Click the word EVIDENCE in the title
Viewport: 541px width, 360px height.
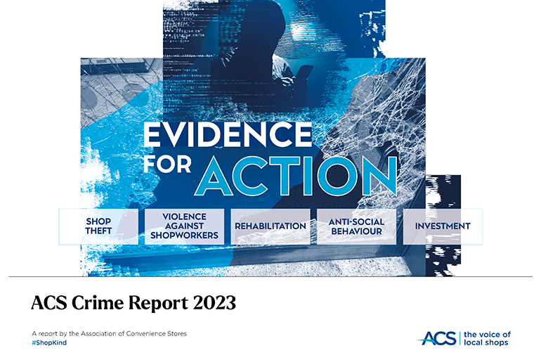pos(228,134)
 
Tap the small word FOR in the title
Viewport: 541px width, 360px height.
pos(167,164)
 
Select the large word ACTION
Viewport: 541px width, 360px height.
pos(296,176)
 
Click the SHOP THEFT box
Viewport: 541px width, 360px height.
pos(98,226)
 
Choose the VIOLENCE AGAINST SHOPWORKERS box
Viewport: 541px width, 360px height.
pos(184,226)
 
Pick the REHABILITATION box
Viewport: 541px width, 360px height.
pos(270,226)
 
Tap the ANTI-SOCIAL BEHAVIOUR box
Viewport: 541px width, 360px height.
pos(356,226)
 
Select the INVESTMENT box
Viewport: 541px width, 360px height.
pos(443,226)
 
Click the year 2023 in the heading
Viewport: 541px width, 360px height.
pos(214,303)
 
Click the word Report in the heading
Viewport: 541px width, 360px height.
pos(159,304)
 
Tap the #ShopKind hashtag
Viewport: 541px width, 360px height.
pos(49,342)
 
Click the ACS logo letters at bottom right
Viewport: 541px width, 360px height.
pos(438,338)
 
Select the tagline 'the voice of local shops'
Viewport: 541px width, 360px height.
pos(487,338)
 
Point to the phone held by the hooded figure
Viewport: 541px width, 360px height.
pos(302,75)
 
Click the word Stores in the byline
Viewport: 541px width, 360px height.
pos(177,334)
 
